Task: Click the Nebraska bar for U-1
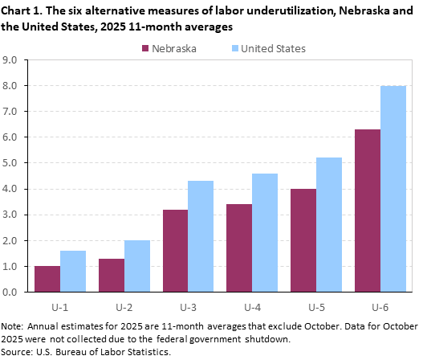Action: (x=47, y=279)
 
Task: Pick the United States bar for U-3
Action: (x=201, y=236)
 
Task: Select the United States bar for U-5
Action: (x=329, y=224)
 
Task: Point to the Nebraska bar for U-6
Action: (x=368, y=211)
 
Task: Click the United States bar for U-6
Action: (x=393, y=189)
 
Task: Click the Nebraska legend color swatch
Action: (x=146, y=48)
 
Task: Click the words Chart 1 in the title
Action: (x=21, y=10)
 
